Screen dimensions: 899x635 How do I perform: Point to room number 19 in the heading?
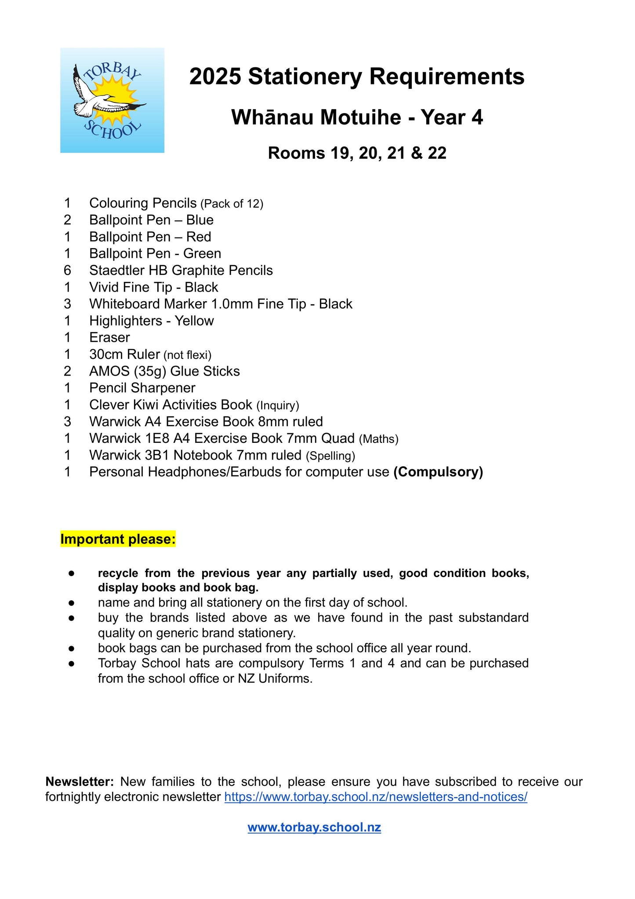pos(340,153)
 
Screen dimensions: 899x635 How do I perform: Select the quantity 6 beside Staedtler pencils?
pos(67,270)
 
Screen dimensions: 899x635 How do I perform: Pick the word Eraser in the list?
pos(109,338)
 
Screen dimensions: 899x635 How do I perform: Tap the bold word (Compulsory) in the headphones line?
pos(438,472)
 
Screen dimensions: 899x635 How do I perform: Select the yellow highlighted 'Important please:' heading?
pos(118,539)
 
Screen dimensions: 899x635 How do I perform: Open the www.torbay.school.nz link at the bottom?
pos(314,827)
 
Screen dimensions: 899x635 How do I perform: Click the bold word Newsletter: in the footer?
pos(80,782)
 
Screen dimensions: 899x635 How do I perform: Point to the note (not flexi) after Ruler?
pos(187,355)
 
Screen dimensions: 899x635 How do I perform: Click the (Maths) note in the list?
pos(378,439)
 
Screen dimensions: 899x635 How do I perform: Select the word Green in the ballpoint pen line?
pos(202,254)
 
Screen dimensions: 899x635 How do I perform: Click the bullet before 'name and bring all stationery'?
pos(71,603)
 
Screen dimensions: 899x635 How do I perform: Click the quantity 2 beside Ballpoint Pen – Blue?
pos(67,220)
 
